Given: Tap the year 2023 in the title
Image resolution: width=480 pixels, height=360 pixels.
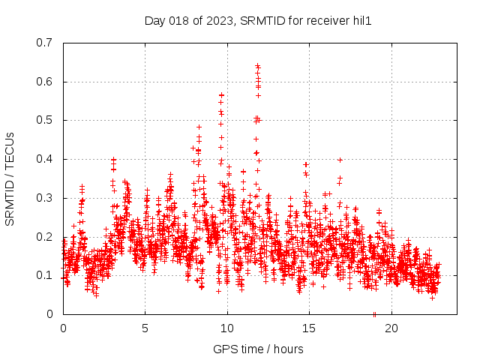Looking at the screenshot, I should point(217,20).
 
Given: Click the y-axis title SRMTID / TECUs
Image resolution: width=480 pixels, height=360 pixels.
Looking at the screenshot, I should point(10,178).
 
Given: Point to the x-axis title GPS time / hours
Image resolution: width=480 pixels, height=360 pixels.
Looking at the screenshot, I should point(258,349).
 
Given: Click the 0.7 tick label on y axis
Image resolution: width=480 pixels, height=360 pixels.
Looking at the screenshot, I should point(45,43).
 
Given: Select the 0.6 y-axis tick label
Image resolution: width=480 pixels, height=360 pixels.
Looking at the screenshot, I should point(45,82).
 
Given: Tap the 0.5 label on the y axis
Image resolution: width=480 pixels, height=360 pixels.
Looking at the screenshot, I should point(45,120).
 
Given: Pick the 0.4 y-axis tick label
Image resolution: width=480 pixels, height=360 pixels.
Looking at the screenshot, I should point(45,159).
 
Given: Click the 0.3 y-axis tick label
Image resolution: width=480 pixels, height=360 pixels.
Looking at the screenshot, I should point(45,198).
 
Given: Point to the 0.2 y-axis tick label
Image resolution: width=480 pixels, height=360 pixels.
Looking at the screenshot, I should point(45,237).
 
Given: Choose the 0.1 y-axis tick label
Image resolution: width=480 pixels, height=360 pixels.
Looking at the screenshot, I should point(45,275).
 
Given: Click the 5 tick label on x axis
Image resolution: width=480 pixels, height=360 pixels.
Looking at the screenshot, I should point(145,328).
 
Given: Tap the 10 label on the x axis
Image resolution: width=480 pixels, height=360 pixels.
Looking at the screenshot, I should point(227,328).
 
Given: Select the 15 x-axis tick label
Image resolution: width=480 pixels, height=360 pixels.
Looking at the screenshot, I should point(309,328).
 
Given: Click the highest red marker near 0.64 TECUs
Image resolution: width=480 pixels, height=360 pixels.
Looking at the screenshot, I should point(257,66).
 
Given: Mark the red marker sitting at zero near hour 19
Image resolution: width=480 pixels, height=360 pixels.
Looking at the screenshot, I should point(374,314).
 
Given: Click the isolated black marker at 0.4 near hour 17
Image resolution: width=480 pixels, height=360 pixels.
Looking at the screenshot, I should point(340,160).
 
